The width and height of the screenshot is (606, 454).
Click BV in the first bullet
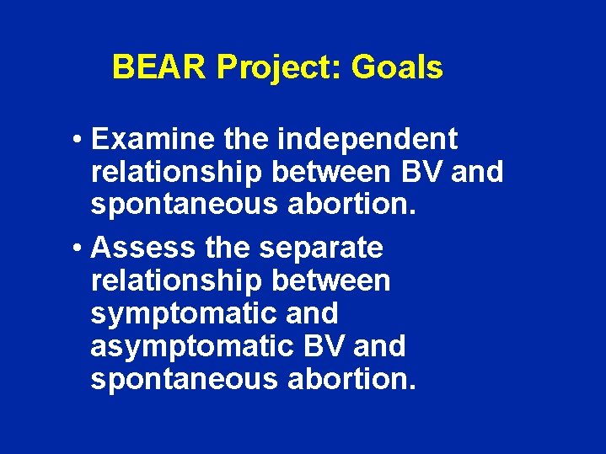point(421,172)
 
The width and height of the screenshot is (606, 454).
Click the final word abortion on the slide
point(352,379)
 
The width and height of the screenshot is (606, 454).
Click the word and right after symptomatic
point(311,314)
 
